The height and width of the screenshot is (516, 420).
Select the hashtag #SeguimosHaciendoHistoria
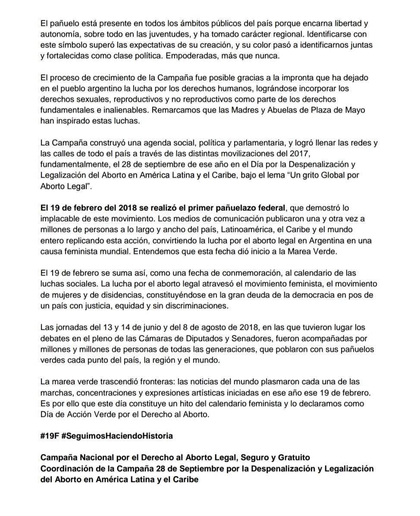coord(117,435)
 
